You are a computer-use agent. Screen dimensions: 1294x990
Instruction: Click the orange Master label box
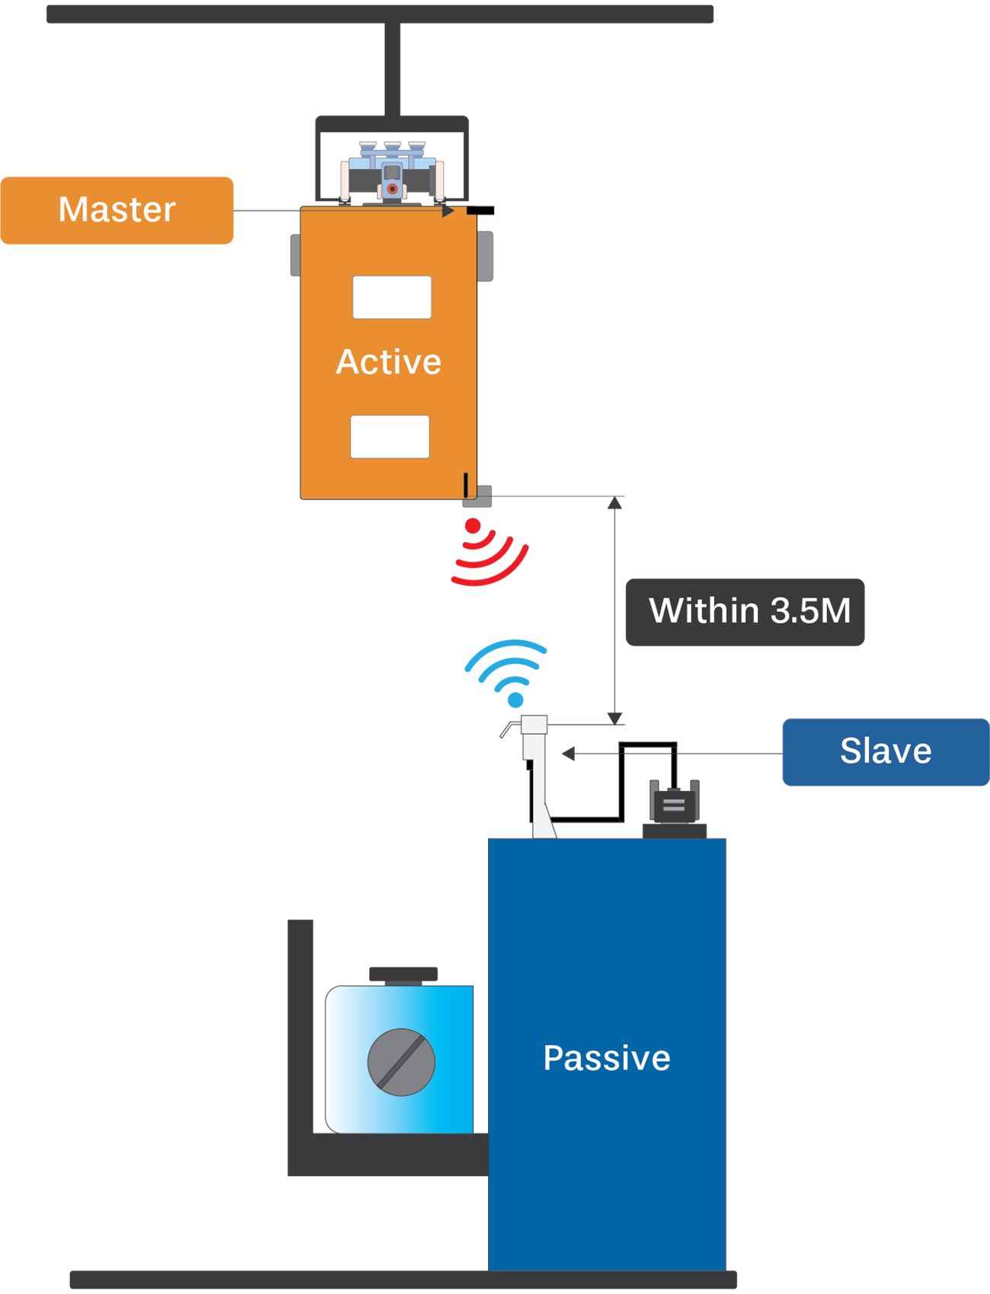pyautogui.click(x=117, y=210)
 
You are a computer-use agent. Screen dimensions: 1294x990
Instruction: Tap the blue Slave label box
pyautogui.click(x=886, y=751)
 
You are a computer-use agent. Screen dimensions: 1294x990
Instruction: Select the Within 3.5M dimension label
pyautogui.click(x=745, y=612)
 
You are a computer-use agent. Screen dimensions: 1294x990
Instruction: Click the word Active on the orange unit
pyautogui.click(x=388, y=362)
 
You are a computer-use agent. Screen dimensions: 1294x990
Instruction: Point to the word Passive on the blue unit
pyautogui.click(x=606, y=1058)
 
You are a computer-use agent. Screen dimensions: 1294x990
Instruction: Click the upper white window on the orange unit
pyautogui.click(x=392, y=297)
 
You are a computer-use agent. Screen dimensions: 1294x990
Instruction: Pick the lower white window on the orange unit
pyautogui.click(x=390, y=436)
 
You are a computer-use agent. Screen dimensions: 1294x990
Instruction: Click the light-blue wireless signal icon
pyautogui.click(x=507, y=671)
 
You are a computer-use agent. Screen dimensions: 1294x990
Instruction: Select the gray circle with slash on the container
pyautogui.click(x=401, y=1062)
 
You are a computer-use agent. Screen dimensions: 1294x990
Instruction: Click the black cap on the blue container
pyautogui.click(x=404, y=974)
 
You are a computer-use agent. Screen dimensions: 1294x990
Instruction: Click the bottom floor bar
pyautogui.click(x=403, y=1279)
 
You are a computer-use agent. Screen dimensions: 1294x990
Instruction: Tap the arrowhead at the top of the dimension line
pyautogui.click(x=615, y=503)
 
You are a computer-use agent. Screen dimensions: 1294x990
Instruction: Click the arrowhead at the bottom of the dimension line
pyautogui.click(x=615, y=718)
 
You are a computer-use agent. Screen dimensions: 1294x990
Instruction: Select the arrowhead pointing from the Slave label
pyautogui.click(x=568, y=754)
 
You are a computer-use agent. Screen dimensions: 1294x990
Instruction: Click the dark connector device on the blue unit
pyautogui.click(x=674, y=805)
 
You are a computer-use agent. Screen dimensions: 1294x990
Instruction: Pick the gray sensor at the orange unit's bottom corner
pyautogui.click(x=478, y=497)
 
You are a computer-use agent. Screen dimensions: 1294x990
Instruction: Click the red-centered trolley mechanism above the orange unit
pyautogui.click(x=392, y=180)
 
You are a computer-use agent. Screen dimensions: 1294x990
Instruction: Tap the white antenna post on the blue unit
pyautogui.click(x=535, y=769)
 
